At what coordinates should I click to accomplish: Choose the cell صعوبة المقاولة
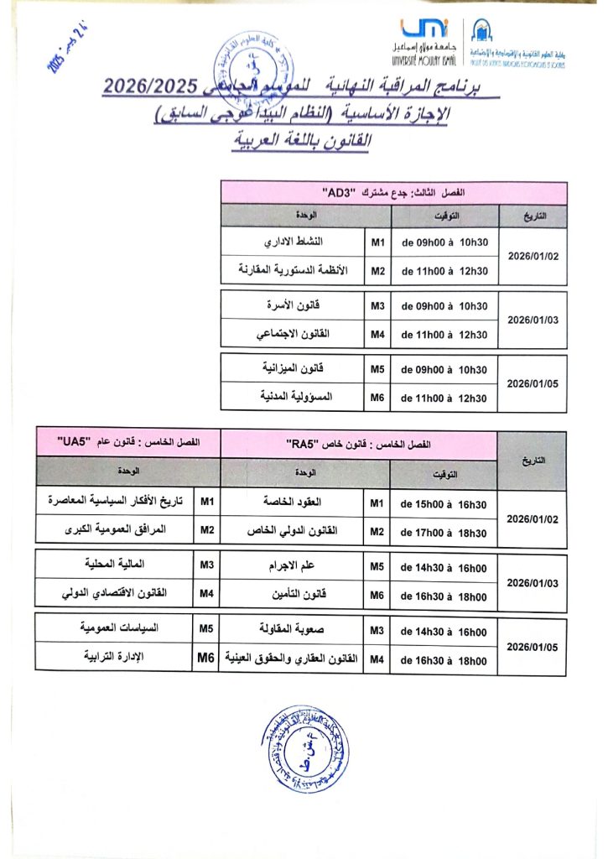point(294,629)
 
